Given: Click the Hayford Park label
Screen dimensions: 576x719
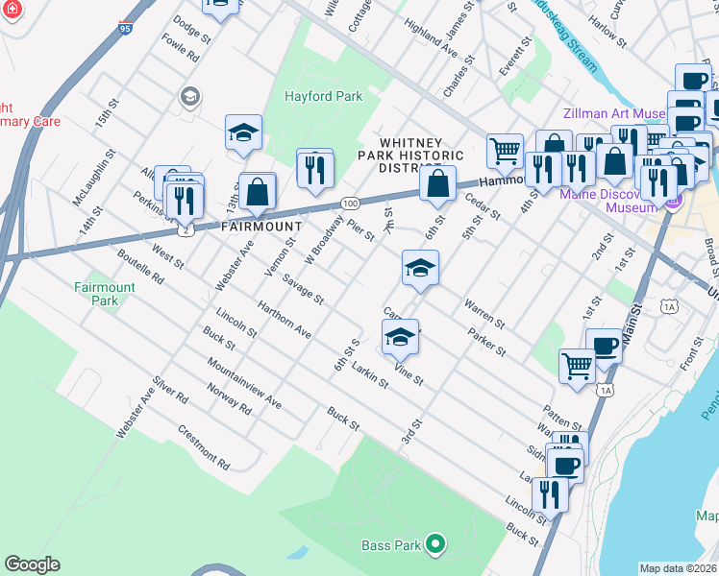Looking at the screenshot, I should (323, 97).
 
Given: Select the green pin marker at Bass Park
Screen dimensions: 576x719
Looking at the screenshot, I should (434, 544).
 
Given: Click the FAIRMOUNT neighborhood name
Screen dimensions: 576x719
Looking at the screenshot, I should (235, 227).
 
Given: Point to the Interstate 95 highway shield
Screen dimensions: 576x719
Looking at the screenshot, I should (126, 30).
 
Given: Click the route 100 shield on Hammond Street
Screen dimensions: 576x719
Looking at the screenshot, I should (350, 204).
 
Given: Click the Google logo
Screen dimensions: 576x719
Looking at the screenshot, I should (32, 564).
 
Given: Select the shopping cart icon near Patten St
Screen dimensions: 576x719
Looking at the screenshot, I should (576, 365).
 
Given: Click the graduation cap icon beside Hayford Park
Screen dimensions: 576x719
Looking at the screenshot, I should (243, 132).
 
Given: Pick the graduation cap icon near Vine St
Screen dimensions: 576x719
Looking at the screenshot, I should (401, 337).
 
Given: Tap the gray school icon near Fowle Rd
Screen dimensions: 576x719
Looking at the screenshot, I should (189, 96).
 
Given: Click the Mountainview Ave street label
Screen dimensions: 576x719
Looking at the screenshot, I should (244, 384).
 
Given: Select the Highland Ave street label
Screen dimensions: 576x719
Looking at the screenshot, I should (430, 37).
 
